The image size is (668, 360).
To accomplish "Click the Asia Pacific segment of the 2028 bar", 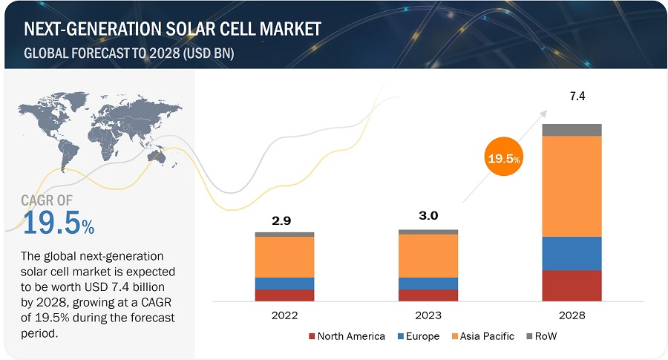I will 572,186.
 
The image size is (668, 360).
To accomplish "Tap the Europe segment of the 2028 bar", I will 572,253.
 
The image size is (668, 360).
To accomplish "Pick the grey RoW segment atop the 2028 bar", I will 572,130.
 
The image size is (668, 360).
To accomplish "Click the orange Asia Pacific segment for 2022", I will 284,257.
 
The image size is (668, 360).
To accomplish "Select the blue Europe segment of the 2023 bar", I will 428,284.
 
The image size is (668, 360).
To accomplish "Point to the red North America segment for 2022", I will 284,295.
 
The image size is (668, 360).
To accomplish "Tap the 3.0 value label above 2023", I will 428,216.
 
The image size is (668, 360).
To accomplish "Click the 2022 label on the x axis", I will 284,315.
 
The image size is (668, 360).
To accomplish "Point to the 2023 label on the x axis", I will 428,315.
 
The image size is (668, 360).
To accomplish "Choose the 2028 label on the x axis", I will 572,315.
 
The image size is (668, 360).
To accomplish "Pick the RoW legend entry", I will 545,336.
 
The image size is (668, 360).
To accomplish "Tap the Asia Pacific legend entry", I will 482,336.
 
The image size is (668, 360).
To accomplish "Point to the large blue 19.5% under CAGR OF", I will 58,223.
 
